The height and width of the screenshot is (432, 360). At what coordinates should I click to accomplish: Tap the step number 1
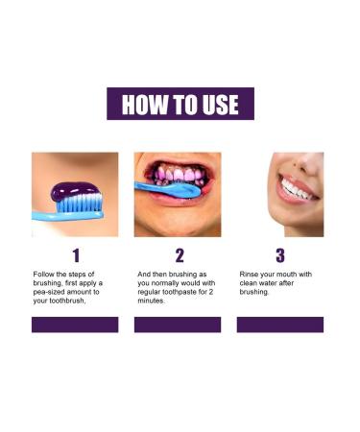[75, 255]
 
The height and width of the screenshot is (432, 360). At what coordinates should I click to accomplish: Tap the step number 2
[179, 255]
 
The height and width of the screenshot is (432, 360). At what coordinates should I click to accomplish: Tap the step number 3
[280, 255]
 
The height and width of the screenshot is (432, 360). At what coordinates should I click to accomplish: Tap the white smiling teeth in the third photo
[294, 188]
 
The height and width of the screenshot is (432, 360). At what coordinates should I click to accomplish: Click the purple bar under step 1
[75, 324]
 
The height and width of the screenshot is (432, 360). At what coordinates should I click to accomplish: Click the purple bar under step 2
[178, 324]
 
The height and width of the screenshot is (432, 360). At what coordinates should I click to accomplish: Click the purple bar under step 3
[280, 324]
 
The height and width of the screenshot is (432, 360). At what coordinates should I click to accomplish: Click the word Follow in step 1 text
[43, 275]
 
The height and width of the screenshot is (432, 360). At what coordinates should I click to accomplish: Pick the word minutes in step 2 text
[151, 300]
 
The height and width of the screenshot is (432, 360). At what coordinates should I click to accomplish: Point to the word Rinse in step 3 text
[249, 275]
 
